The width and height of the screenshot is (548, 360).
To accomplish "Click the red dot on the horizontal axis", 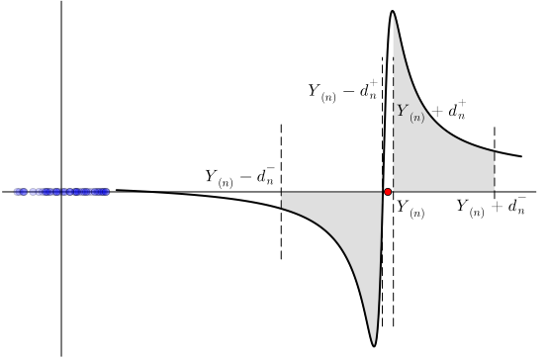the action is pos(388,191).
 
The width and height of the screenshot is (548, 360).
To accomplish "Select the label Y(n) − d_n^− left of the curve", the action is pos(239,177).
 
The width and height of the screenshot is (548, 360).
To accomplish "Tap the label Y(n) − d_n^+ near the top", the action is pos(342,92).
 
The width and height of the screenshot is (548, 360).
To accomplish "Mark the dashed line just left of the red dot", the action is pos(382,119).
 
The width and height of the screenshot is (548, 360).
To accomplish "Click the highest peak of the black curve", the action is pos(393,12).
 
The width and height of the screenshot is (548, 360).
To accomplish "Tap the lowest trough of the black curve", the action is pos(374,345).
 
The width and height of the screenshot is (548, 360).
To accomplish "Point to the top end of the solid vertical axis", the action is pos(61,3).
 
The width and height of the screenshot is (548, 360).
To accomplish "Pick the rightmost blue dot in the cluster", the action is pos(106,192).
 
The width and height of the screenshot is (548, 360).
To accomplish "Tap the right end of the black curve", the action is pos(521,155).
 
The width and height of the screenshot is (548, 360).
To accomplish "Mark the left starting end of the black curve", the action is pos(117,190).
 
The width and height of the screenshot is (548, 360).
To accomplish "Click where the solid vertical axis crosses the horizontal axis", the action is pos(61,191).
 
